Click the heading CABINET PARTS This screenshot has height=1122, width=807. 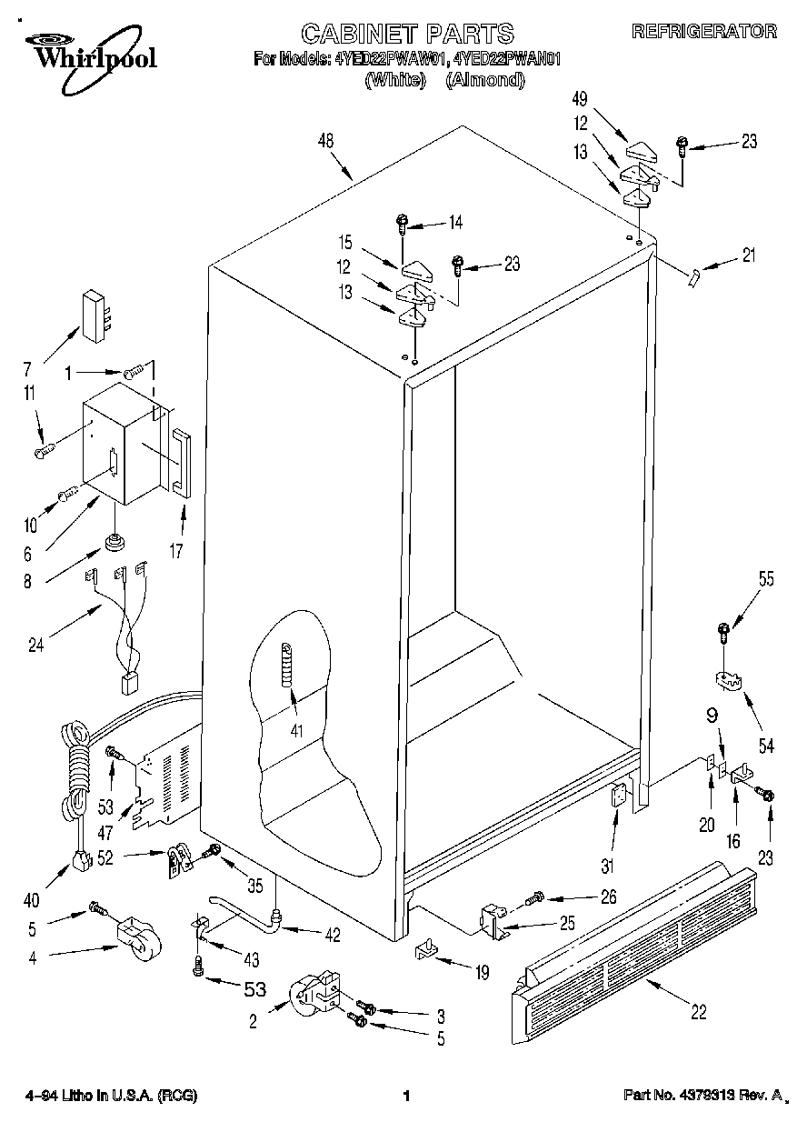tap(407, 35)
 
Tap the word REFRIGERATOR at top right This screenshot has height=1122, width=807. tap(704, 32)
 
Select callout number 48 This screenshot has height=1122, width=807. tap(325, 140)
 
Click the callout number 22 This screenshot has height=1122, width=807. tap(698, 1012)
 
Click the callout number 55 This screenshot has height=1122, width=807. tap(766, 579)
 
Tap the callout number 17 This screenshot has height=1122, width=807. tap(177, 549)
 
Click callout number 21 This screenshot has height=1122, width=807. tap(748, 255)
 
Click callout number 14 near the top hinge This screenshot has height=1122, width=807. tap(454, 222)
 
